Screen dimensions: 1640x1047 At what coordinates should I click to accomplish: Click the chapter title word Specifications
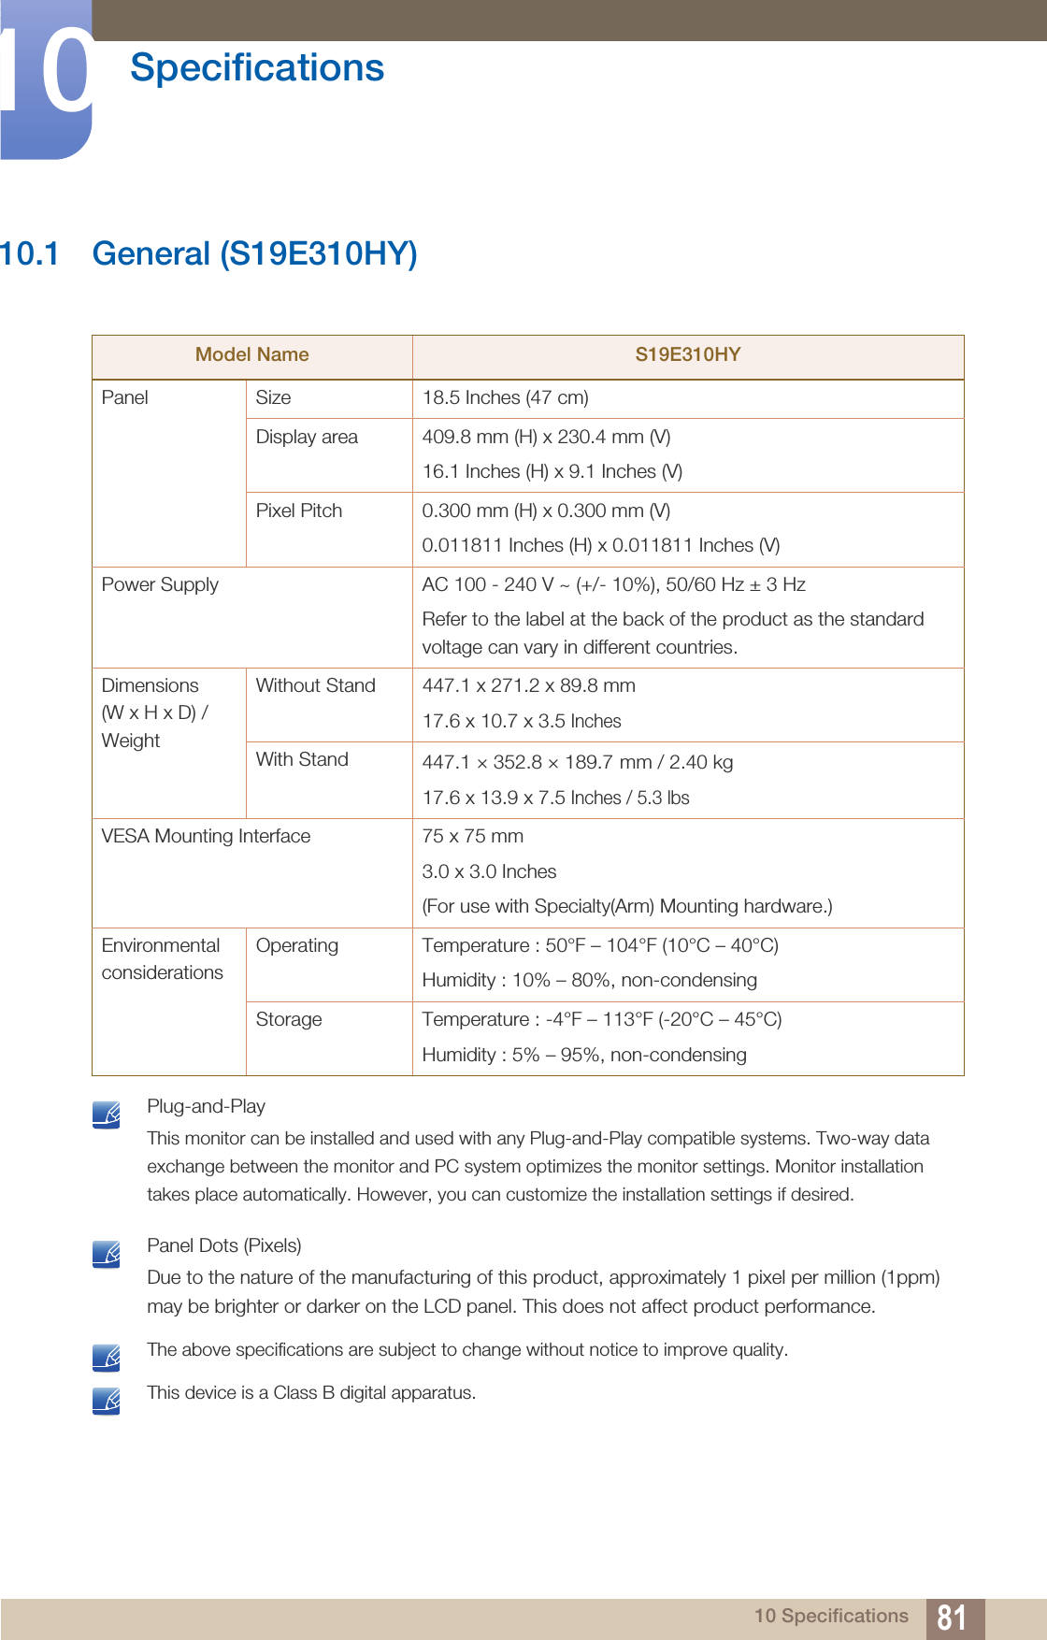click(257, 68)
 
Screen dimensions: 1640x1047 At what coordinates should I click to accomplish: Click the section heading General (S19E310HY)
click(254, 253)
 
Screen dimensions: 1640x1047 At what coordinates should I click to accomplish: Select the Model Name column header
click(251, 354)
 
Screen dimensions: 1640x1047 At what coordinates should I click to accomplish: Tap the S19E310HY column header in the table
click(687, 354)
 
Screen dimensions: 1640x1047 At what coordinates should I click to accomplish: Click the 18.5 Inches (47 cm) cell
click(505, 397)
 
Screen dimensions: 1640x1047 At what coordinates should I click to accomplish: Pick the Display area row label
click(307, 437)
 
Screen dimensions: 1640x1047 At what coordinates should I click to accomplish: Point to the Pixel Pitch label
click(299, 511)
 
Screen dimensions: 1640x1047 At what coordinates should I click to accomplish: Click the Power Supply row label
click(160, 584)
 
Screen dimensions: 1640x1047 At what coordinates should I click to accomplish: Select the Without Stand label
click(315, 685)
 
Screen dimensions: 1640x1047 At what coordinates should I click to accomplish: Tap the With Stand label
click(302, 759)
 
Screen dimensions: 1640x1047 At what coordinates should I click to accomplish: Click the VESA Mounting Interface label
click(206, 836)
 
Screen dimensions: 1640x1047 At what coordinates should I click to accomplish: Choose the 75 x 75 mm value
click(472, 836)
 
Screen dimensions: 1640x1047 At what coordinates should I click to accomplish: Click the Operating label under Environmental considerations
click(297, 945)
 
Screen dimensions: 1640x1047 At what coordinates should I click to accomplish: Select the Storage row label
click(289, 1019)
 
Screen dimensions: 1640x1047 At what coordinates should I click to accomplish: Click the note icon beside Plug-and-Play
click(107, 1115)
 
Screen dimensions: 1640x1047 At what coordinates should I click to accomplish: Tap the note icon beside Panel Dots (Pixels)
click(107, 1254)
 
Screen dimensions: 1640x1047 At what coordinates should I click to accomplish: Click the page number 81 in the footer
click(952, 1617)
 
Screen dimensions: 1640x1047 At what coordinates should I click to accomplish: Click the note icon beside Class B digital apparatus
click(107, 1401)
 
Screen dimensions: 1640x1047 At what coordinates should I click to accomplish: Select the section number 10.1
click(29, 253)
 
